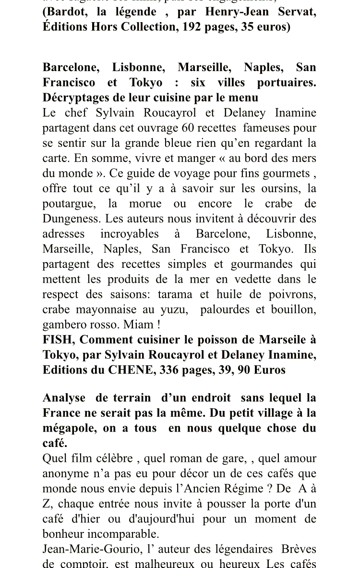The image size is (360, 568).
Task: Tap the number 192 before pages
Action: click(x=191, y=27)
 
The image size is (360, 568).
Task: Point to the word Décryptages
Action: click(x=73, y=97)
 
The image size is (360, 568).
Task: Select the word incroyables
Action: click(x=129, y=234)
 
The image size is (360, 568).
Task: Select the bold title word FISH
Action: click(x=59, y=340)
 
